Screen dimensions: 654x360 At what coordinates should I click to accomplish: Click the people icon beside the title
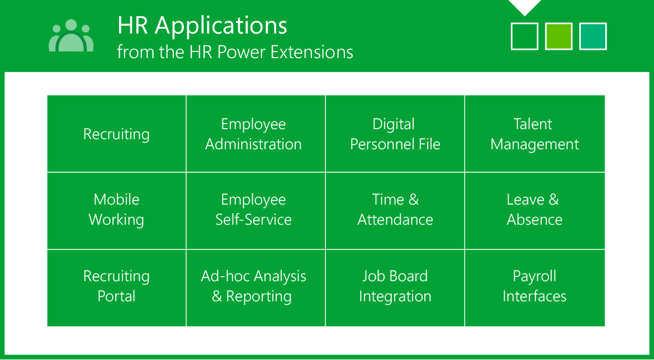(71, 36)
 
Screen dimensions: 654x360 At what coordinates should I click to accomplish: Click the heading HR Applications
(202, 26)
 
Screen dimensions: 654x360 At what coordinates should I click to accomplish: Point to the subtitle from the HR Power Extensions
(235, 53)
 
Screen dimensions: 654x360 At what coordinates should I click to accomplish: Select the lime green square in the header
(558, 37)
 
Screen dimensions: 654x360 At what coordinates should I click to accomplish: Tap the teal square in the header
(593, 37)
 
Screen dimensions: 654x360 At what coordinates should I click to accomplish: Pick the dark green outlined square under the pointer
(524, 37)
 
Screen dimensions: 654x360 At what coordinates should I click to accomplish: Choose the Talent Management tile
(535, 134)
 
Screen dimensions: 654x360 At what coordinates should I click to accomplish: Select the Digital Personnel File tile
(395, 134)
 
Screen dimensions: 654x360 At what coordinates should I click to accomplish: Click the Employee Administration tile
(255, 134)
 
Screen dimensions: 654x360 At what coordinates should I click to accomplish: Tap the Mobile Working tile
(116, 211)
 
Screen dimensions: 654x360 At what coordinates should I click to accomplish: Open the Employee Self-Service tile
(255, 211)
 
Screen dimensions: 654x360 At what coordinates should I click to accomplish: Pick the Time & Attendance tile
(395, 211)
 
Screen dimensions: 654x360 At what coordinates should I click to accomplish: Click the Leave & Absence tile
(535, 211)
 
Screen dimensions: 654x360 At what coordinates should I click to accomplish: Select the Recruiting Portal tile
(116, 288)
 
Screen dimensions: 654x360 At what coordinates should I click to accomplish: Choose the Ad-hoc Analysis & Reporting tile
(255, 288)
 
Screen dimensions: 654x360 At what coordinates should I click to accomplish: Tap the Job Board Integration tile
(395, 288)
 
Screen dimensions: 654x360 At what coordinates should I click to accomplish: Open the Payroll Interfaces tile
(535, 288)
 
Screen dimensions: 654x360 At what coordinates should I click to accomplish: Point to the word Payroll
(535, 277)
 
